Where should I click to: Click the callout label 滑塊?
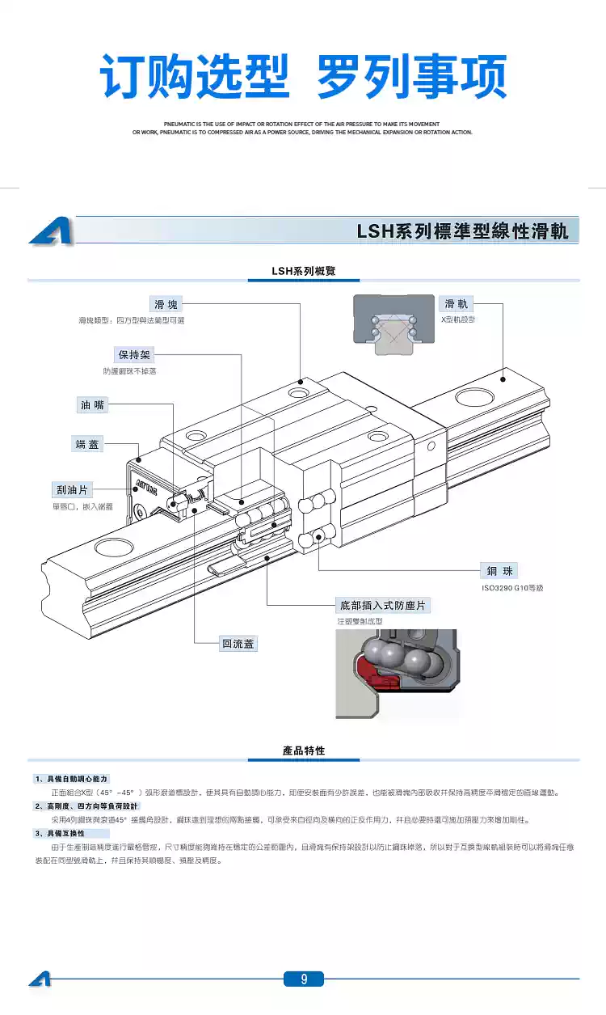[169, 304]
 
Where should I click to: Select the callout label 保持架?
[134, 354]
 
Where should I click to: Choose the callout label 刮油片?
[72, 490]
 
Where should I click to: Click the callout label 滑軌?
[457, 304]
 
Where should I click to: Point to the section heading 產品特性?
[304, 751]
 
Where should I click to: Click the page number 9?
[304, 979]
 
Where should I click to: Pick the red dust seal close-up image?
[395, 675]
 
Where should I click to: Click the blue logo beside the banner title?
[51, 231]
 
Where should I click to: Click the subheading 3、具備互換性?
[60, 833]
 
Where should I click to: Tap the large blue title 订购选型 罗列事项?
[303, 77]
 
